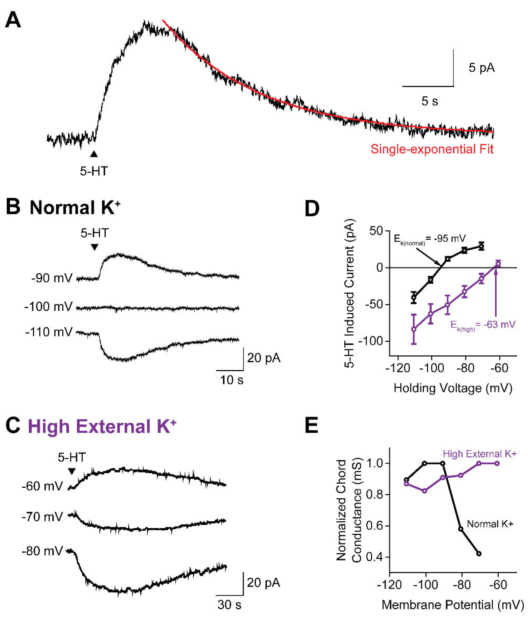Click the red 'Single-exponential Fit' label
[432, 149]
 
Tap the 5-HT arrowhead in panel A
[94, 154]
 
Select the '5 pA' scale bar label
[482, 68]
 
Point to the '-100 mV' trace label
[48, 307]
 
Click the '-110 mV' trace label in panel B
[49, 332]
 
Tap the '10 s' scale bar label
[232, 380]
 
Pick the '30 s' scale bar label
[229, 604]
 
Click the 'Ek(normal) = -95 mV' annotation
[430, 239]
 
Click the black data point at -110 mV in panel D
[414, 297]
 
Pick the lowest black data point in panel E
[479, 553]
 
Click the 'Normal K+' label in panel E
[490, 524]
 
